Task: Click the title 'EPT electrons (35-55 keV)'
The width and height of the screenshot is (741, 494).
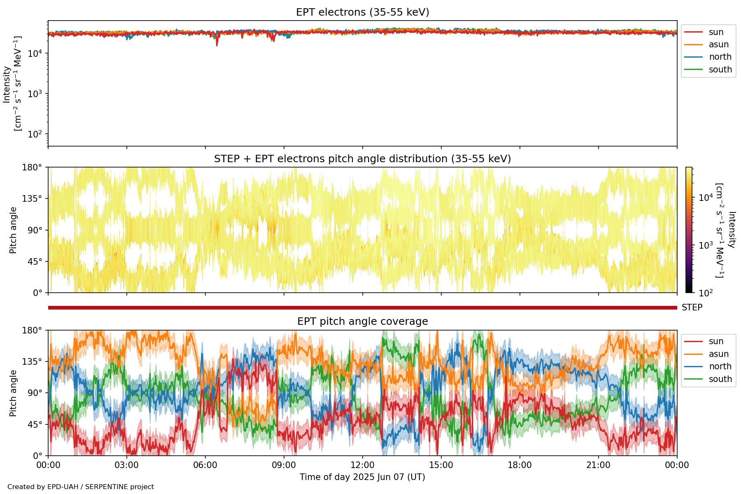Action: click(x=362, y=12)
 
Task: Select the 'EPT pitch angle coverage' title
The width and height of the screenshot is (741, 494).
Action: click(x=362, y=322)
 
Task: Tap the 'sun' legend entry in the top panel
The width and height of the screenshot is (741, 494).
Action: click(x=716, y=32)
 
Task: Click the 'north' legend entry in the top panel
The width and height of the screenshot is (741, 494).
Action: click(x=720, y=57)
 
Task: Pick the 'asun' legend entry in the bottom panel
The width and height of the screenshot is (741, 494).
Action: click(x=718, y=354)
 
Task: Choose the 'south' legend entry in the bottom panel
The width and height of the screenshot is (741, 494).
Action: click(x=720, y=379)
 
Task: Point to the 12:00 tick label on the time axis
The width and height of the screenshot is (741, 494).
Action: click(x=362, y=465)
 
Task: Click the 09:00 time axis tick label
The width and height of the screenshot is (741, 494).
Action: click(x=284, y=465)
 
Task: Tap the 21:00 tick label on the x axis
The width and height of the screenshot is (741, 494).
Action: click(x=598, y=465)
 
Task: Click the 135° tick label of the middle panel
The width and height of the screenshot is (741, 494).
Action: click(x=33, y=199)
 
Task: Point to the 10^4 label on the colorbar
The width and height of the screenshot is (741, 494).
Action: click(x=706, y=198)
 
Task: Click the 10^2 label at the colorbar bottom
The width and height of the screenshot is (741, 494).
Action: click(x=706, y=293)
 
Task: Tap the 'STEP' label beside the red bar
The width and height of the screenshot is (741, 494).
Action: click(x=692, y=308)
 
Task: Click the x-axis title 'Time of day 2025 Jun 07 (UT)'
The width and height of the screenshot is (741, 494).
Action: click(x=362, y=477)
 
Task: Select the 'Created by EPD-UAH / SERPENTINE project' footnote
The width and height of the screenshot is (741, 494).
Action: click(x=81, y=487)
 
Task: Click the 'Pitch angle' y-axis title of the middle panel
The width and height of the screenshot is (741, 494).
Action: click(x=13, y=230)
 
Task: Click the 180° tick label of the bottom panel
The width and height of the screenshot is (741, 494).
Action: click(x=33, y=331)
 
